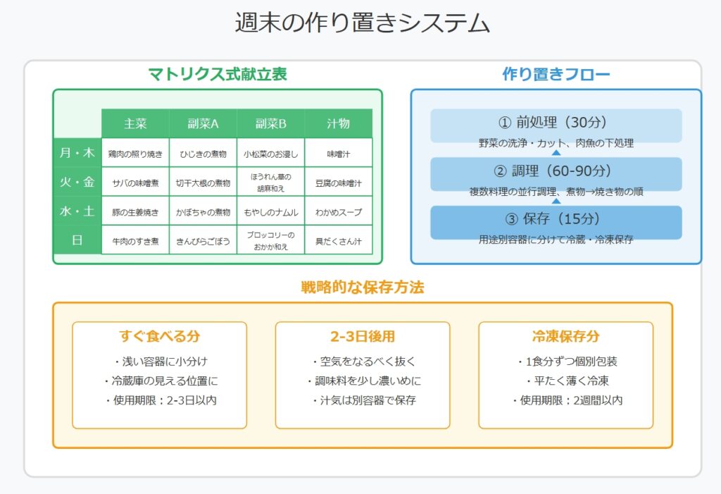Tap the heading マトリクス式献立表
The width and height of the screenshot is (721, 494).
(x=218, y=74)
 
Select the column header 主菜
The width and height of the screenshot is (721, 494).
(x=135, y=123)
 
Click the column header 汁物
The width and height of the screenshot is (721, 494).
(x=339, y=123)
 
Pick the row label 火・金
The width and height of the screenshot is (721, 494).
(x=77, y=182)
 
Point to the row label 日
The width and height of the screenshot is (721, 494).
(x=77, y=240)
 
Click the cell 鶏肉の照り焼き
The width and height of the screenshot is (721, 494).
(x=135, y=154)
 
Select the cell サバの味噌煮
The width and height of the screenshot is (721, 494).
(x=135, y=183)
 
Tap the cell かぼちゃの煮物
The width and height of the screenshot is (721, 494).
(x=203, y=212)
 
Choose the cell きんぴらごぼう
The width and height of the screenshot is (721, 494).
(x=203, y=241)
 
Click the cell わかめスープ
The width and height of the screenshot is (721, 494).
(x=339, y=212)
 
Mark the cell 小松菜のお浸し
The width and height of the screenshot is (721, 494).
(x=271, y=154)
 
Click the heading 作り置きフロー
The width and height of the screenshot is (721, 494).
(x=556, y=74)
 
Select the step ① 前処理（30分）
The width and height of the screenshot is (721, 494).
(x=556, y=122)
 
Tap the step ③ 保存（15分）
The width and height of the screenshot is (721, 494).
(x=556, y=218)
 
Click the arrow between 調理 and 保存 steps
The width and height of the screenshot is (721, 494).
(x=556, y=201)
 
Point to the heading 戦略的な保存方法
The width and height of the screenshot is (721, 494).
(x=363, y=288)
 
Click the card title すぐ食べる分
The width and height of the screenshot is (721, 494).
(x=160, y=336)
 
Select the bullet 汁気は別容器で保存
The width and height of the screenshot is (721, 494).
(x=363, y=400)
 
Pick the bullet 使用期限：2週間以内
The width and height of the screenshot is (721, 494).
(x=566, y=400)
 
